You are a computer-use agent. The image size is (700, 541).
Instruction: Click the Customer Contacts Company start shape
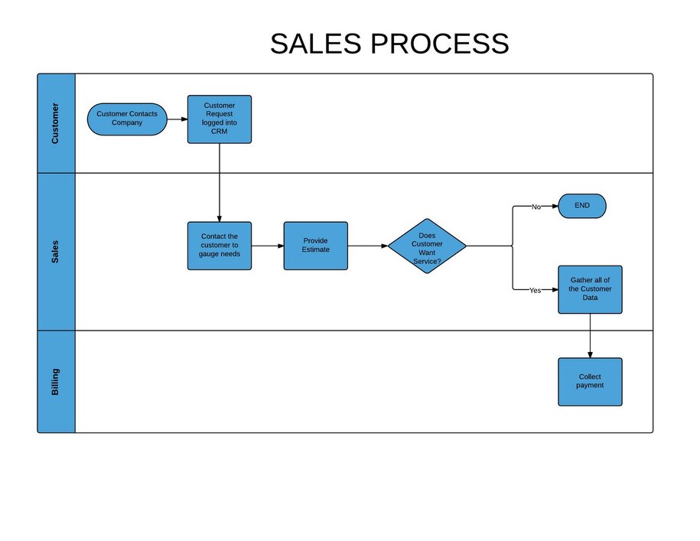pos(127,119)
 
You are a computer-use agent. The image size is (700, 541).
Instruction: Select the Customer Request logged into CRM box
pos(220,119)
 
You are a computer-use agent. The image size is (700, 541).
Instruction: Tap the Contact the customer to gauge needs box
pos(220,246)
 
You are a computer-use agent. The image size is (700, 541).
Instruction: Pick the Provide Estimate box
pos(315,246)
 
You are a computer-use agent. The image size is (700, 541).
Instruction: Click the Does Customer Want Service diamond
pos(427,246)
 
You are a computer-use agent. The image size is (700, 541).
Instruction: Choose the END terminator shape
pos(582,206)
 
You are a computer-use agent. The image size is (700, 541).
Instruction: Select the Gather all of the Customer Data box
pos(590,289)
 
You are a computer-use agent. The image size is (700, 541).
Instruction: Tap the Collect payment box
pos(590,381)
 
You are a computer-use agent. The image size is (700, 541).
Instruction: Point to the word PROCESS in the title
pos(440,44)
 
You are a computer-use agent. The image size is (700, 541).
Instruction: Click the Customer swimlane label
pos(56,123)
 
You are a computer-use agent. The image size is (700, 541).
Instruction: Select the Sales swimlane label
pos(56,252)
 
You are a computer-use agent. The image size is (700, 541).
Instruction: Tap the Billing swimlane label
pos(56,381)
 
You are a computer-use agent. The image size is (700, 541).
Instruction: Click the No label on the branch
pos(536,207)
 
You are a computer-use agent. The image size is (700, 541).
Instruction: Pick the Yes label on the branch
pos(535,291)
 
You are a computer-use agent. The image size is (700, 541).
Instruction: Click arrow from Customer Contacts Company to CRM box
pos(177,119)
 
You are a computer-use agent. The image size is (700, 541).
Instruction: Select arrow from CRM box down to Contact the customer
pos(220,184)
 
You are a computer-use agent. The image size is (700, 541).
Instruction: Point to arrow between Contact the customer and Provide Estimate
pos(268,246)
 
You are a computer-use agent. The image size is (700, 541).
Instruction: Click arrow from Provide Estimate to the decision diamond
pos(368,246)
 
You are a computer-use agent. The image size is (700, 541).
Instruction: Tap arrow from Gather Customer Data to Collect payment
pos(590,336)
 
